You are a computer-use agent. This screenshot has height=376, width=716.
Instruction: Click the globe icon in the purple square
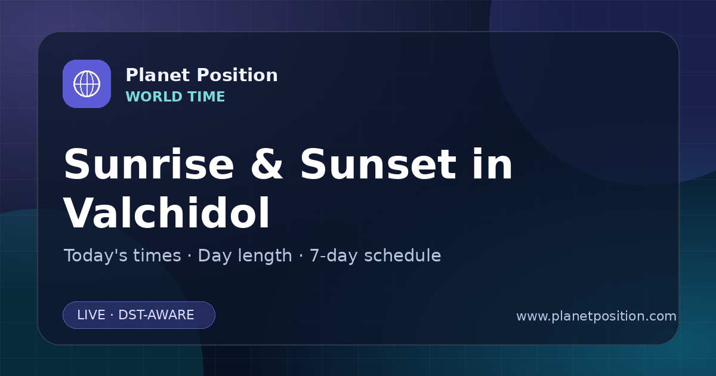coord(87,84)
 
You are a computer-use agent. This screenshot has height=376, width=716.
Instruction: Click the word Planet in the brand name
coord(158,75)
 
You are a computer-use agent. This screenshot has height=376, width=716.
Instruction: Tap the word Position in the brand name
coord(237,75)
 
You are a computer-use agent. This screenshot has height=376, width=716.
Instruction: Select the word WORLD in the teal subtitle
coord(154,97)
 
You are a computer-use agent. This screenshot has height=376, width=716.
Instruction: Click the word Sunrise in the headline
coord(149,164)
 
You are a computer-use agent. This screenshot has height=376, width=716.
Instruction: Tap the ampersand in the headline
coord(267,164)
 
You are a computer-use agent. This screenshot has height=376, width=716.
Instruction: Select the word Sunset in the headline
coord(378,164)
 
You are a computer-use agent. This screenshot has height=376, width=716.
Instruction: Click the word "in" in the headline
coord(493,164)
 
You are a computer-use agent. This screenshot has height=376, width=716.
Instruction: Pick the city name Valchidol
coord(166,212)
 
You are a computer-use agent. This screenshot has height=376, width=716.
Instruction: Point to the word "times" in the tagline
coord(157,256)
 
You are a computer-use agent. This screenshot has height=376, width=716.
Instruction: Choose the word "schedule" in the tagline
coord(402,256)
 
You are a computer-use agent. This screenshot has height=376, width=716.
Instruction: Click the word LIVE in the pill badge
coord(91,315)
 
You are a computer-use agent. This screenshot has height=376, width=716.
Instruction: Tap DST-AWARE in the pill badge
coord(156,315)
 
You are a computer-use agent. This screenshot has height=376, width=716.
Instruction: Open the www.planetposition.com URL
coord(596,316)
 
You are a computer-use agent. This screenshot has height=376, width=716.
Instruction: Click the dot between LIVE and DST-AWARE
coord(112,315)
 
